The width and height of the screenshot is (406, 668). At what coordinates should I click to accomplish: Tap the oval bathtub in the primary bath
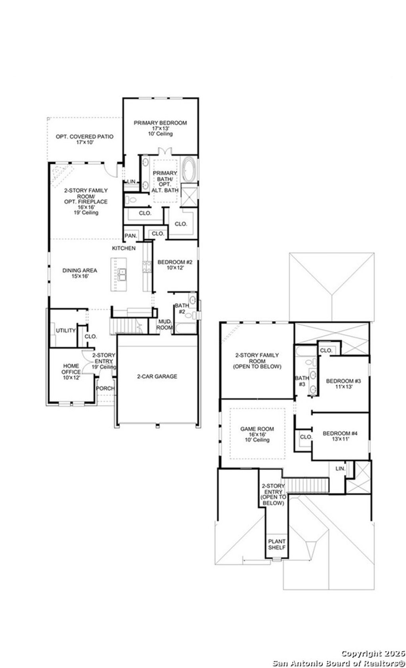click(189, 170)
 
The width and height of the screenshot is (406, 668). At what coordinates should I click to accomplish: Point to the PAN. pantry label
click(131, 236)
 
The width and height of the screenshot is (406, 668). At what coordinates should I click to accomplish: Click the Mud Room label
click(165, 324)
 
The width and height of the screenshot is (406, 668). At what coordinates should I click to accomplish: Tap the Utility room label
click(65, 330)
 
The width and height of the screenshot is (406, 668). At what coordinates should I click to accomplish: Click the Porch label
click(105, 388)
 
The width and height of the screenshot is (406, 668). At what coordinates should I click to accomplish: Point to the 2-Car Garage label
click(157, 376)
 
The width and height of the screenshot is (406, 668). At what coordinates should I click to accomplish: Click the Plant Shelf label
click(276, 544)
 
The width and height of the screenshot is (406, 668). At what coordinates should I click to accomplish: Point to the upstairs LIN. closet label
click(340, 468)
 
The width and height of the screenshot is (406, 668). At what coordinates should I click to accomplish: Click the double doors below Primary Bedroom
click(164, 151)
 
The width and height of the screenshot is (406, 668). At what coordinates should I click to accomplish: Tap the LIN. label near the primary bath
click(131, 182)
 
